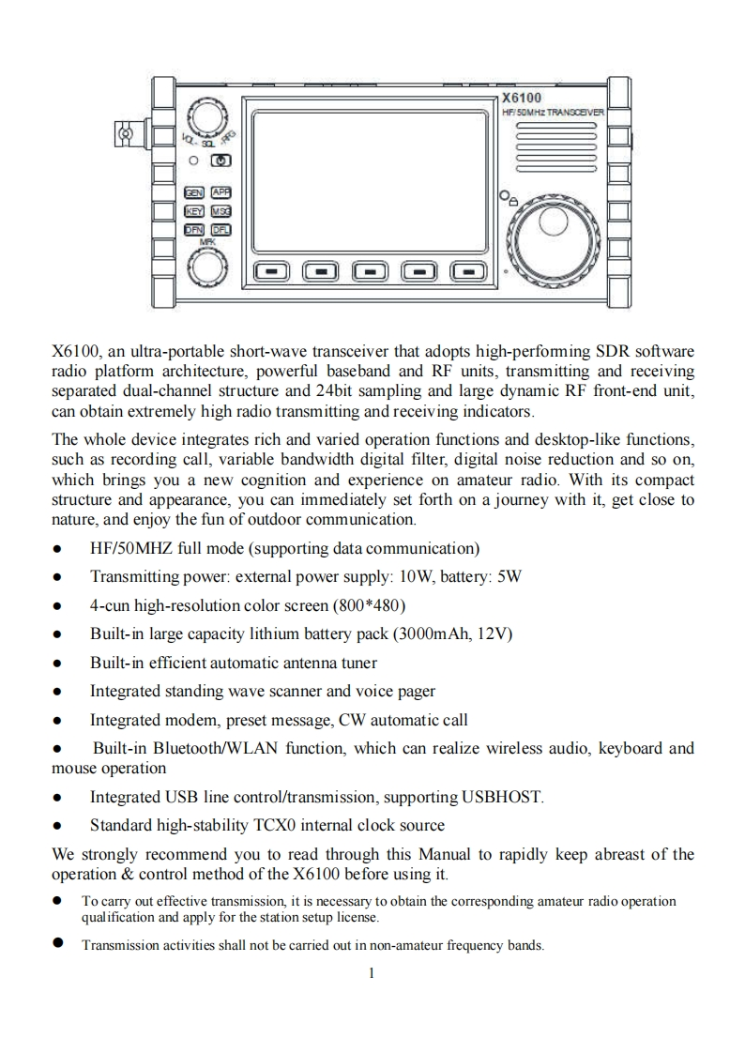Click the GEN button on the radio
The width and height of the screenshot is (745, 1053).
pos(194,191)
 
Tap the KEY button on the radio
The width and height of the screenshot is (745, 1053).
pos(194,210)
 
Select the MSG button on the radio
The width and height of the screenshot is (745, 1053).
pos(221,210)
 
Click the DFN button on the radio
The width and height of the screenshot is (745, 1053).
pos(194,229)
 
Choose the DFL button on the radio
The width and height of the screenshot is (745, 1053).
pos(221,229)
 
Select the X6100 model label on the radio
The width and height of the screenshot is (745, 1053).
pos(521,98)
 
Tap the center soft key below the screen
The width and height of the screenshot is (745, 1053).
pos(368,271)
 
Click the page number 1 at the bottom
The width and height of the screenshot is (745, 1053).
pos(372,973)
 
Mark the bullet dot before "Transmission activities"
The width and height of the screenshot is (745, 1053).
pos(58,944)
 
